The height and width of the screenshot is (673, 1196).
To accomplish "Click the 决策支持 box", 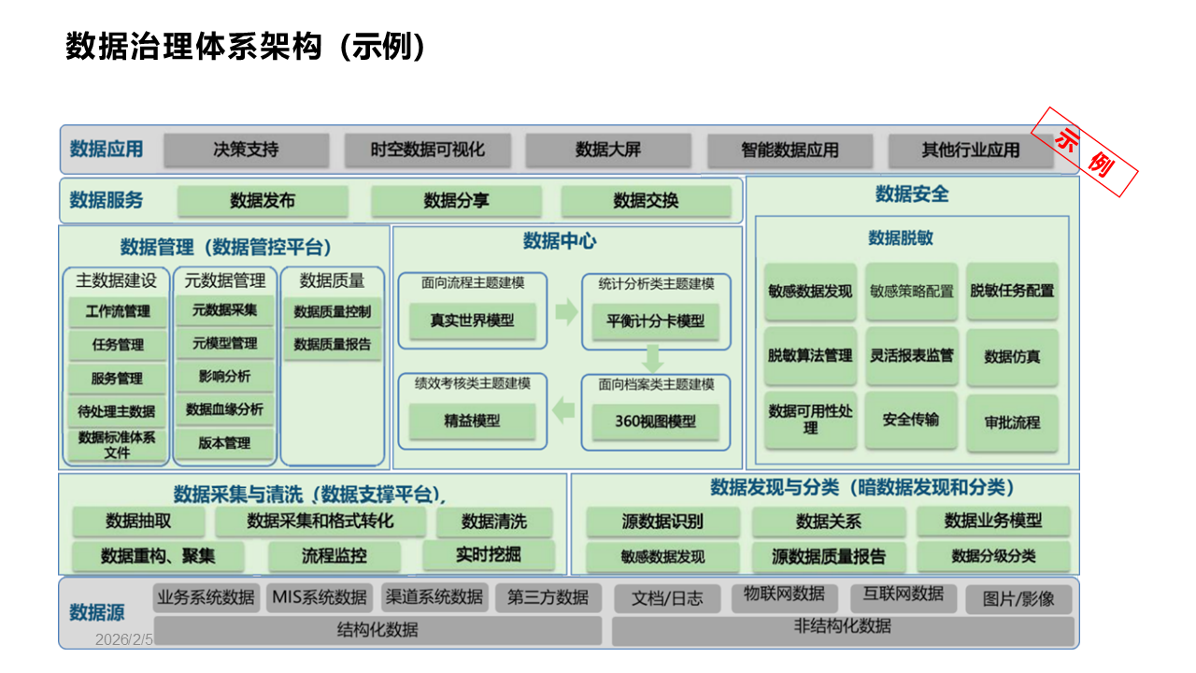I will (x=246, y=150).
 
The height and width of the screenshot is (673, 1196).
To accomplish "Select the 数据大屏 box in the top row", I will (x=608, y=150).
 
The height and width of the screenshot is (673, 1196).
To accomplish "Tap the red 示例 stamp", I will (x=1084, y=152).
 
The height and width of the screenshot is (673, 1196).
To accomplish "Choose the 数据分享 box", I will (x=456, y=201).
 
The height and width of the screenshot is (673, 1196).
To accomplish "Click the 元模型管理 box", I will (x=225, y=343).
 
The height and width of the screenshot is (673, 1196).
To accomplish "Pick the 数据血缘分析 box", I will (x=225, y=409).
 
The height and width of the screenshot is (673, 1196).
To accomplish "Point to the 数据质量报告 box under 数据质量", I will (x=332, y=344).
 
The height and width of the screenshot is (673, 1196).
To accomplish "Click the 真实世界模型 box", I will (x=472, y=321).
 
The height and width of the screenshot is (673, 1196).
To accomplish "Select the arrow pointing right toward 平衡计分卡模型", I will (x=566, y=313).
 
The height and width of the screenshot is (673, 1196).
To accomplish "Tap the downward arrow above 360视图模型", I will (x=653, y=359).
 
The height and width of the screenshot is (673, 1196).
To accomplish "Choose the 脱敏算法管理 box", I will (x=810, y=356).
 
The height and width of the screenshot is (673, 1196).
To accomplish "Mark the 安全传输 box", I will (x=911, y=420).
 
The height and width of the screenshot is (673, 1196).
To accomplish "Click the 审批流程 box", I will (x=1012, y=422).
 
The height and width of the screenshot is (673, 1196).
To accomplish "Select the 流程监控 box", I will (x=334, y=556).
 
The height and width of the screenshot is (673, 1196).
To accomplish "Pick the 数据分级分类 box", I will (x=993, y=556).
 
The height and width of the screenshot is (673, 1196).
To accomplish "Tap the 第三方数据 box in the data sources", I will (x=548, y=597).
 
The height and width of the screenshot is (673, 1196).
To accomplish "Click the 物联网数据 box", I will (x=784, y=594).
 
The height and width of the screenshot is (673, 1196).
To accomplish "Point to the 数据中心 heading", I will (x=560, y=241).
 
